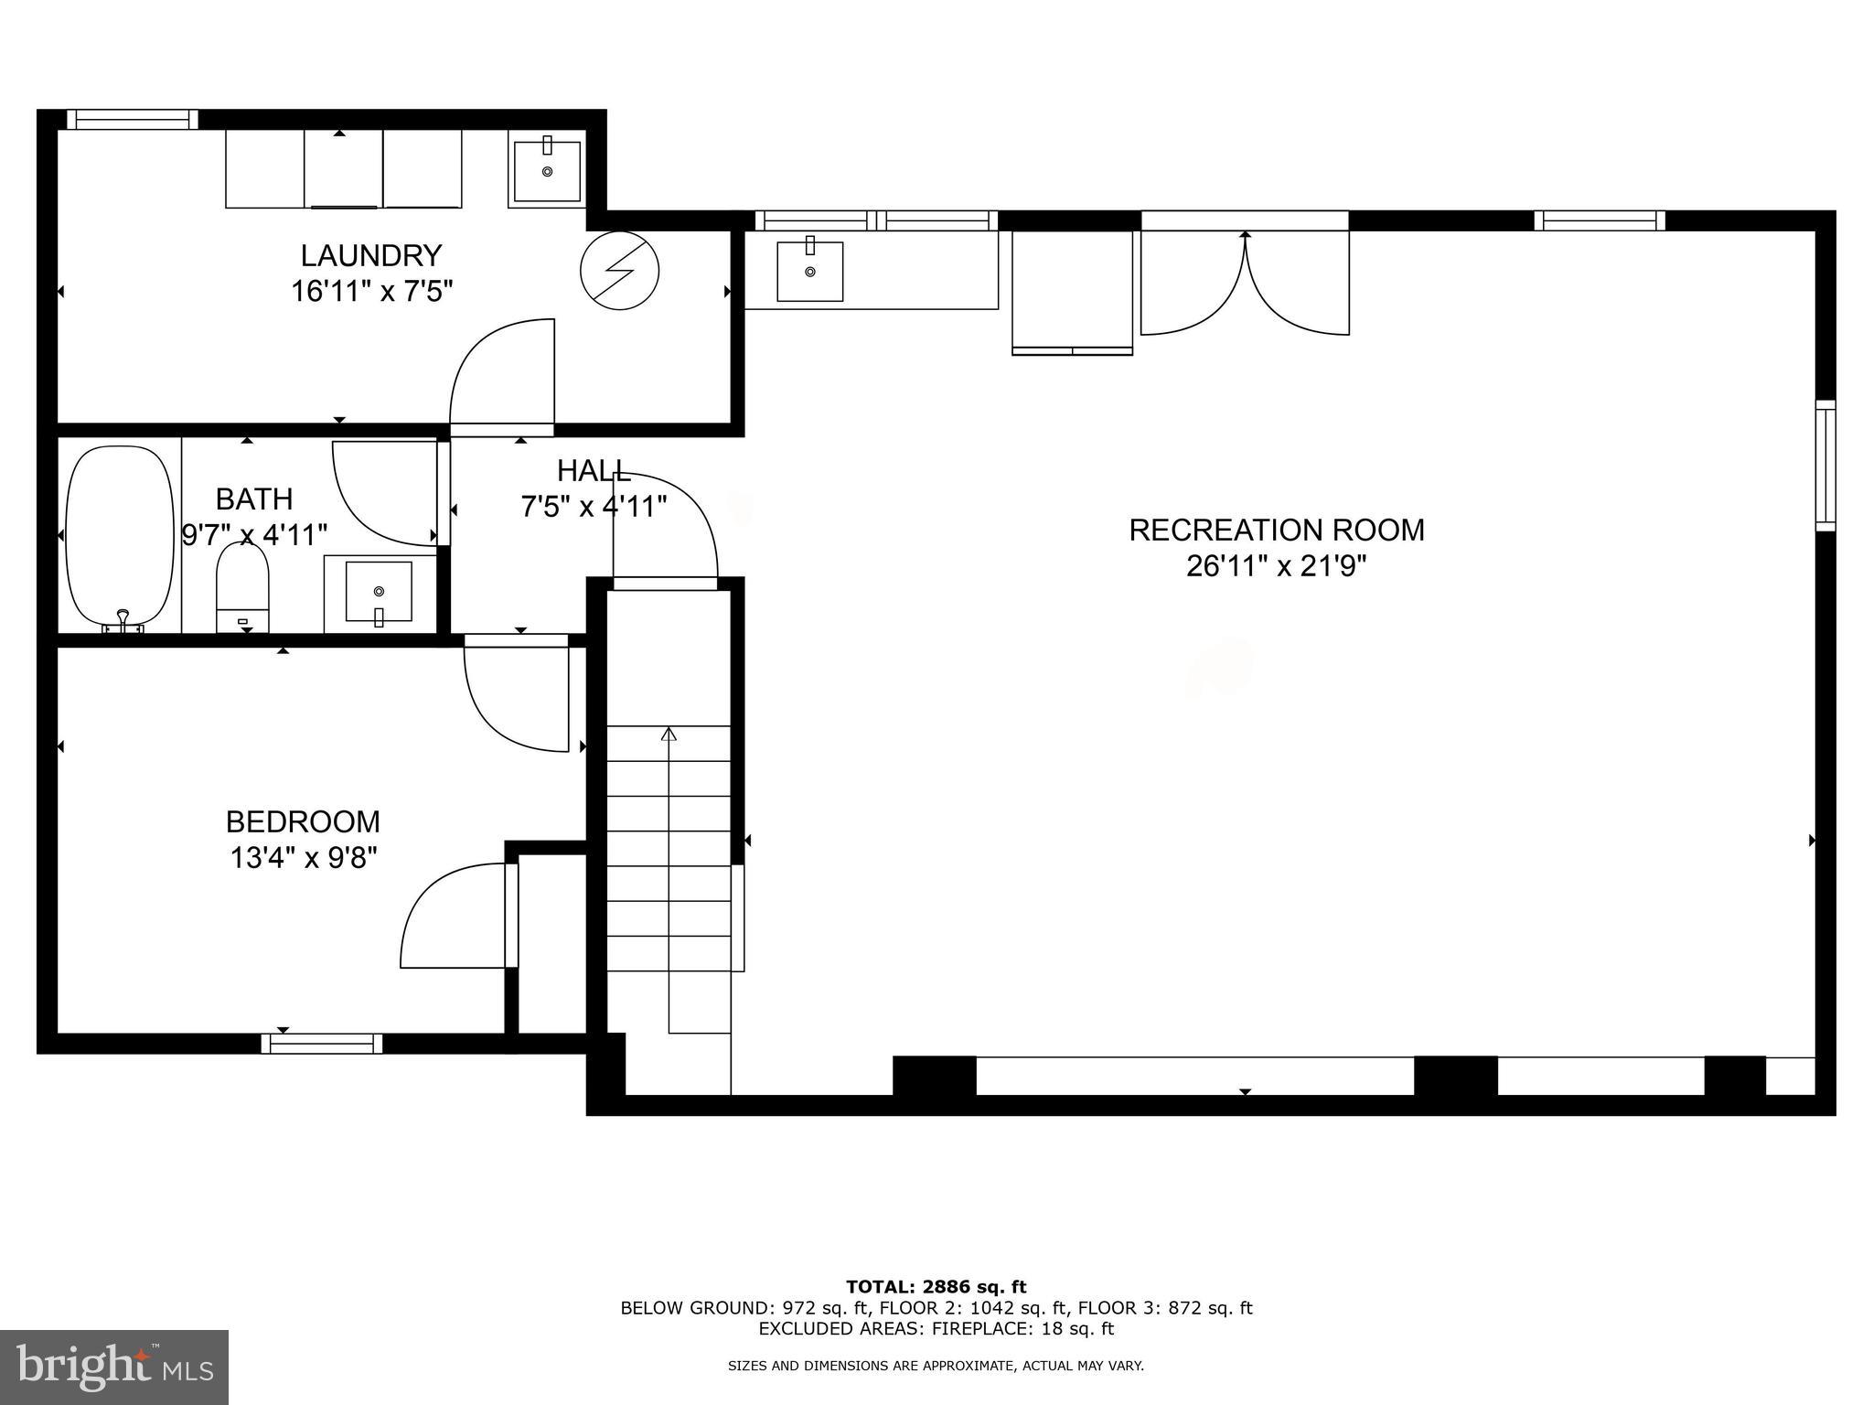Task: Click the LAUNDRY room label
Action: pos(371,255)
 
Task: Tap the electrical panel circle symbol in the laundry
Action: pos(620,271)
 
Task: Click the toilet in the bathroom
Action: pos(242,585)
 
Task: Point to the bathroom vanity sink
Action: pos(379,592)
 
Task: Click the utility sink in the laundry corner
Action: pos(547,170)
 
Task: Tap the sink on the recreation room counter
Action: pos(809,271)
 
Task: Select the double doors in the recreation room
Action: pos(1245,284)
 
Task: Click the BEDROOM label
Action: pos(303,821)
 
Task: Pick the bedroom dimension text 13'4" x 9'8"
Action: pos(303,858)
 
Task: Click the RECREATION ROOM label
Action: pos(1276,531)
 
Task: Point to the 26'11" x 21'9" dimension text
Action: pos(1276,567)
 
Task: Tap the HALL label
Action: pos(594,471)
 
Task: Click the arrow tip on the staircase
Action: pos(669,734)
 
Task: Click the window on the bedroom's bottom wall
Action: pos(322,1044)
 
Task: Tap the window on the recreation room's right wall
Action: pos(1825,466)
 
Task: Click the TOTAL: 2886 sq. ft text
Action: pos(936,1287)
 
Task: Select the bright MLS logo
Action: pos(114,1367)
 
